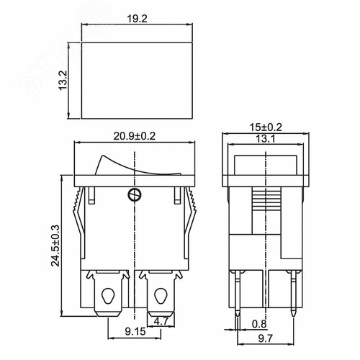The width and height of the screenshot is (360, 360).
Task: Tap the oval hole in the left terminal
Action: point(108,296)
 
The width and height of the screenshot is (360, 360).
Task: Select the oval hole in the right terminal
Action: point(158,296)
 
